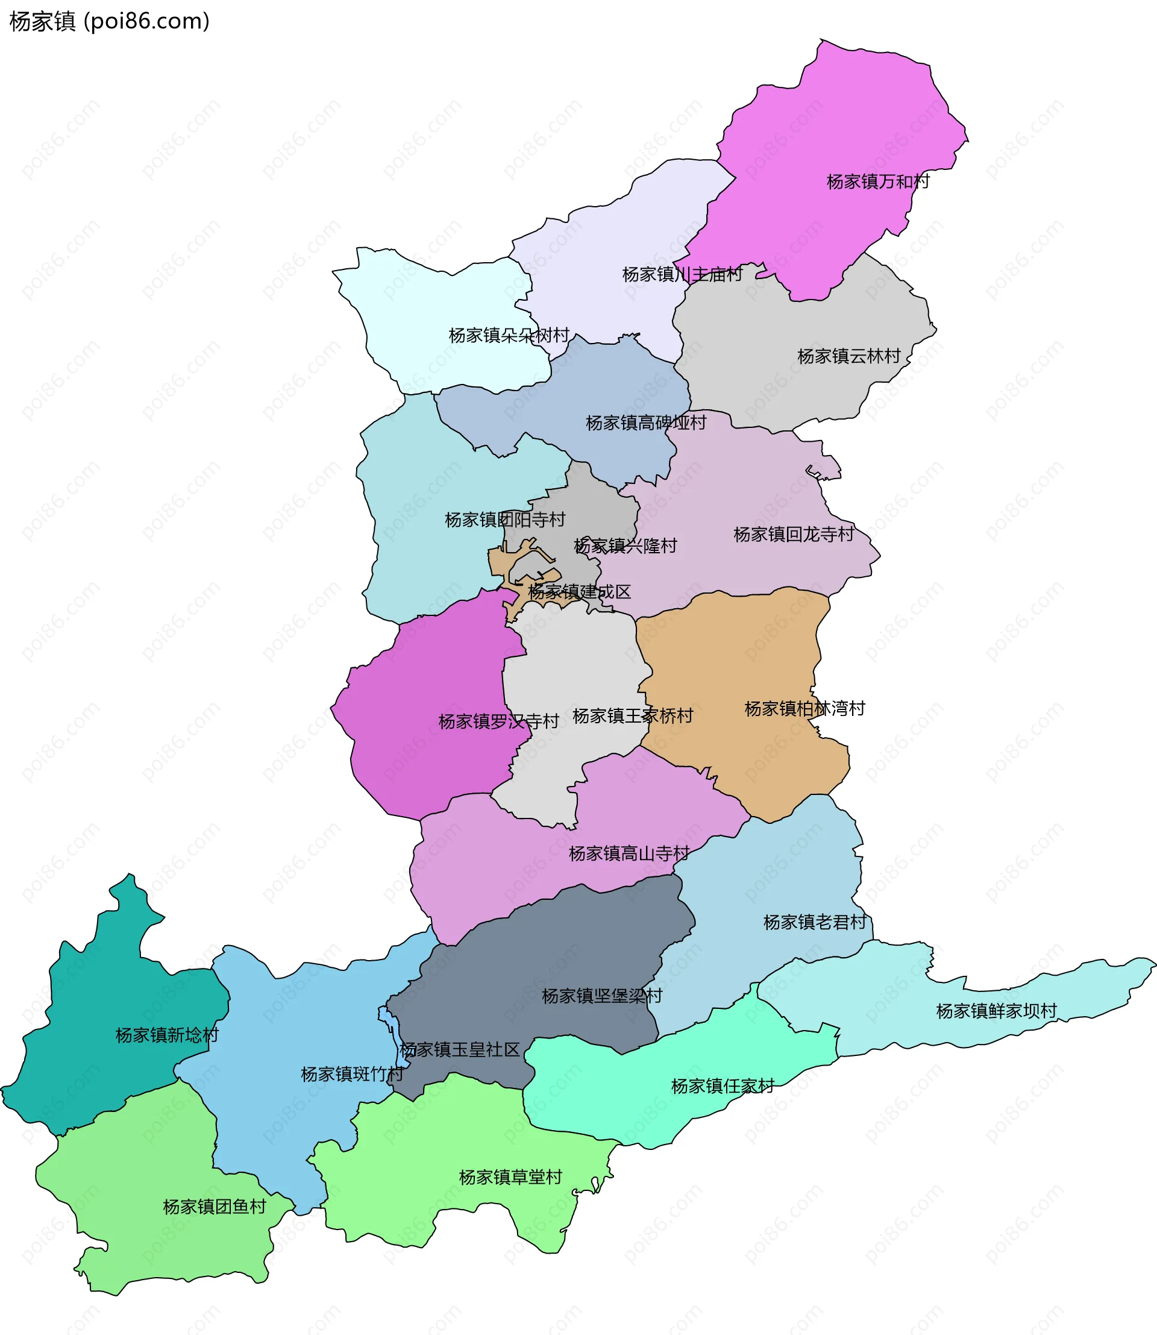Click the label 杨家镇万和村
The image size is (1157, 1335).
pos(877,181)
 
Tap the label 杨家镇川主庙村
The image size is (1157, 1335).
pos(682,274)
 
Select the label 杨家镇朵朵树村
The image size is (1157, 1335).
pos(509,335)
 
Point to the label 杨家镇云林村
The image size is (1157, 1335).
pos(848,356)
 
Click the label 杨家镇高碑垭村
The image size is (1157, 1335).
pos(645,422)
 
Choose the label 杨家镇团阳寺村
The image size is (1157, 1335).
pos(505,520)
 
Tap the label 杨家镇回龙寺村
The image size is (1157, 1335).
pos(794,534)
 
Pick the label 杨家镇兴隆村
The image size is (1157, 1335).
pos(625,546)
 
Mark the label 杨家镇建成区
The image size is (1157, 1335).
pos(579,592)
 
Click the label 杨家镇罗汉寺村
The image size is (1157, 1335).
pos(498,721)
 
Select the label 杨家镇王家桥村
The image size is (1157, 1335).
pos(633,715)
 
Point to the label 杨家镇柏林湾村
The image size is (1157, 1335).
pos(804,709)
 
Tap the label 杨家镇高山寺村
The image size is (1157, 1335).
pos(629,854)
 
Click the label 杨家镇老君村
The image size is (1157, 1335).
pos(815,922)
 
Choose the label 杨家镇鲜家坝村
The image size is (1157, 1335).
pos(996,1011)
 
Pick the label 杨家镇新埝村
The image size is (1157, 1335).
pos(166,1035)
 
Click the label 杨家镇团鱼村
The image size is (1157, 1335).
pos(215,1207)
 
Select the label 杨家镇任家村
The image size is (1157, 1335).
pos(723,1085)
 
